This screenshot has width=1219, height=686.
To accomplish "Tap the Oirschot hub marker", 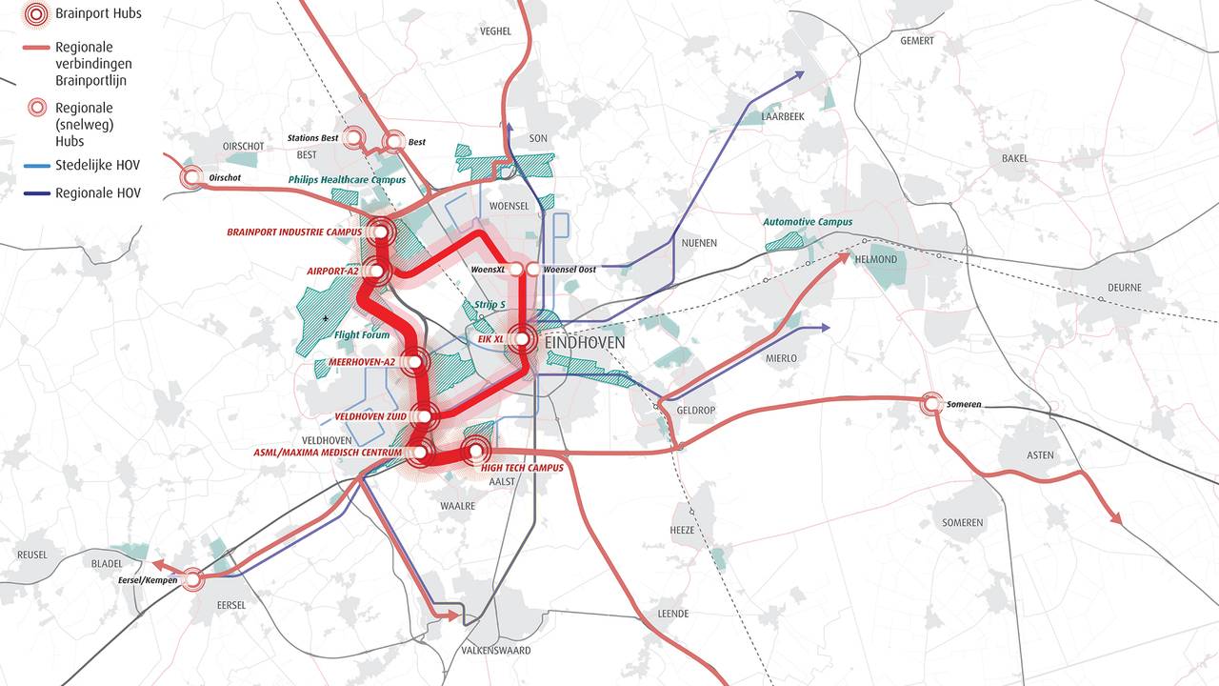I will [x=193, y=176].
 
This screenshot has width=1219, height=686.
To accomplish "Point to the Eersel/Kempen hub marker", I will [x=193, y=578].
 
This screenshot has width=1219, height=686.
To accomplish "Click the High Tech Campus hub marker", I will [x=474, y=452].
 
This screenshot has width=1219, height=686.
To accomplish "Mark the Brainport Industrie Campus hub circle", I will [x=382, y=231].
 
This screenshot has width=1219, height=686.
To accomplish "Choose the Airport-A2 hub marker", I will [x=375, y=272].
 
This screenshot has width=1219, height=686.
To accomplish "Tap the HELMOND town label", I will [x=875, y=259].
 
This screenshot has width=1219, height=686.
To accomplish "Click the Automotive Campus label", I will [x=808, y=222].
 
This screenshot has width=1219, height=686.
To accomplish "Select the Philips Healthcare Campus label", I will [x=348, y=179].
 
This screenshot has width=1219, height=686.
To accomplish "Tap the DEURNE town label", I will [x=1123, y=287].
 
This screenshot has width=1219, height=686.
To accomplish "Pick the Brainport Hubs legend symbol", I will [x=35, y=14].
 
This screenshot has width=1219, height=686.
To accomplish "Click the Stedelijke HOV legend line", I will [x=35, y=166].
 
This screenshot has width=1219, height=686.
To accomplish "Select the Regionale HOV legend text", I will [x=98, y=193].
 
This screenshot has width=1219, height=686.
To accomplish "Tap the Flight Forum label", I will [x=362, y=335].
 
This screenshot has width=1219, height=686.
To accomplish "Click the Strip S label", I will [x=490, y=305].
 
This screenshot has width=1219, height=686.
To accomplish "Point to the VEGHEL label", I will [x=495, y=30].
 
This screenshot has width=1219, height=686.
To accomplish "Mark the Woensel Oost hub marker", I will [x=531, y=270].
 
